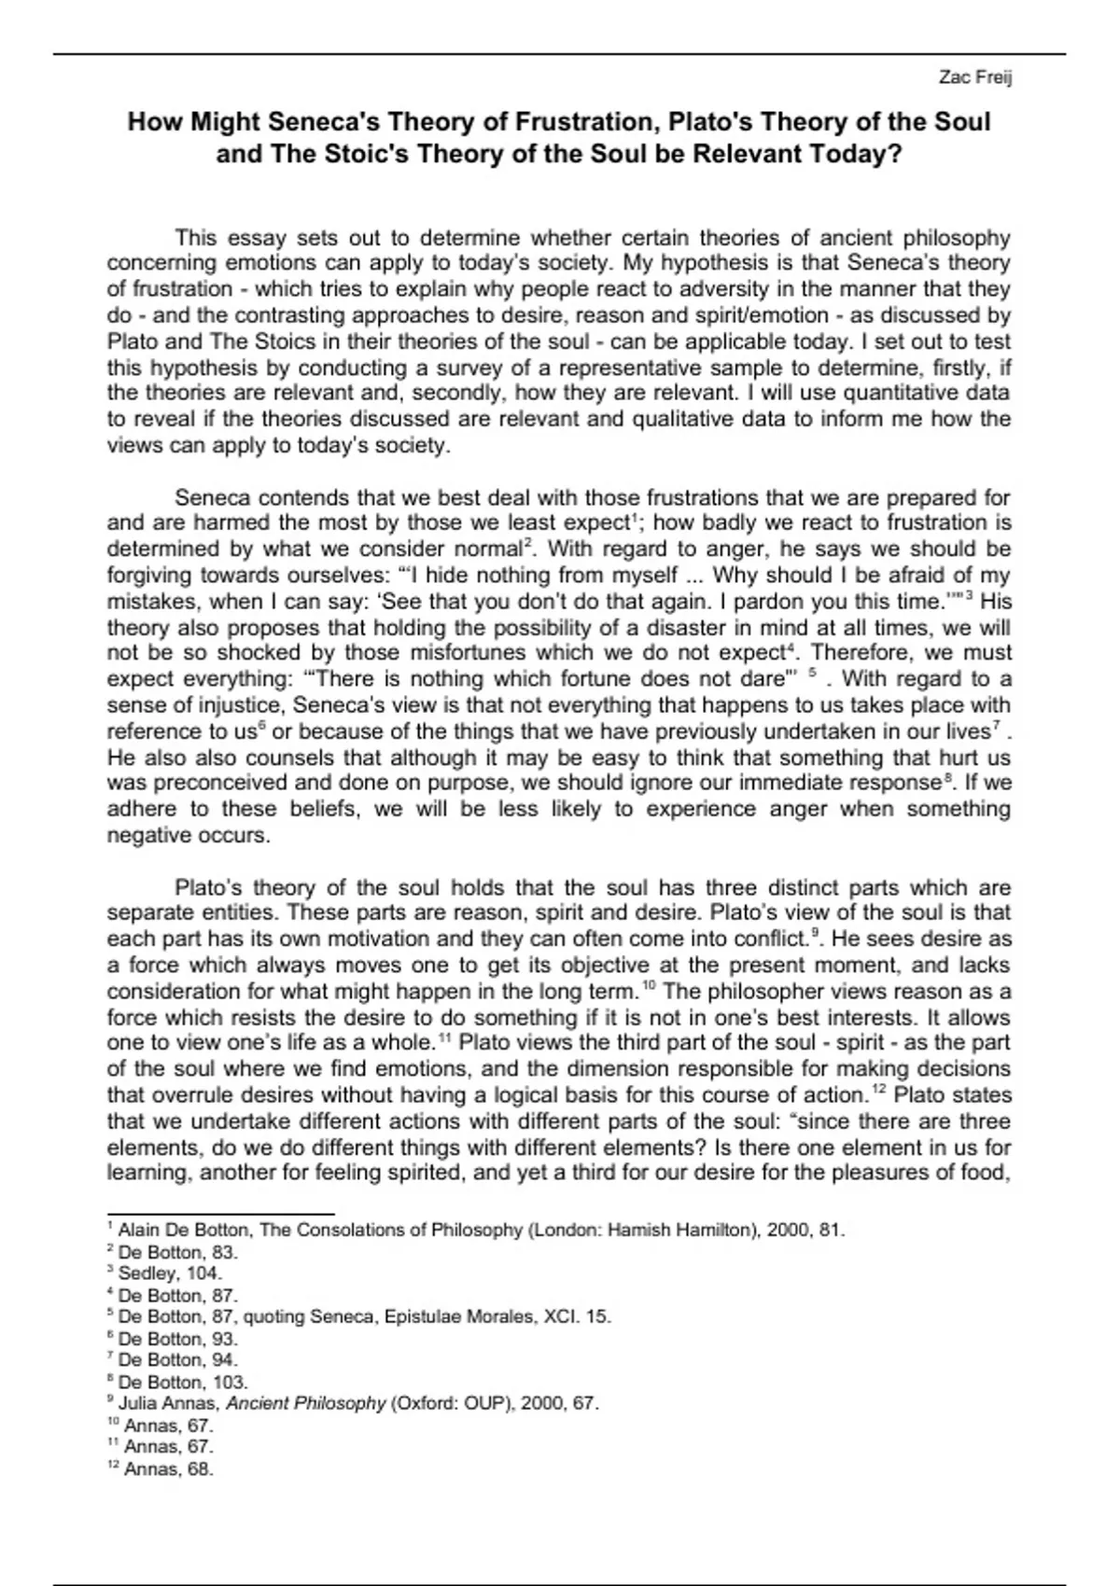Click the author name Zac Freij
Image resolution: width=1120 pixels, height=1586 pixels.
pyautogui.click(x=975, y=77)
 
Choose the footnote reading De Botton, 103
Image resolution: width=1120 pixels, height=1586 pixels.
pyautogui.click(x=182, y=1382)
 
